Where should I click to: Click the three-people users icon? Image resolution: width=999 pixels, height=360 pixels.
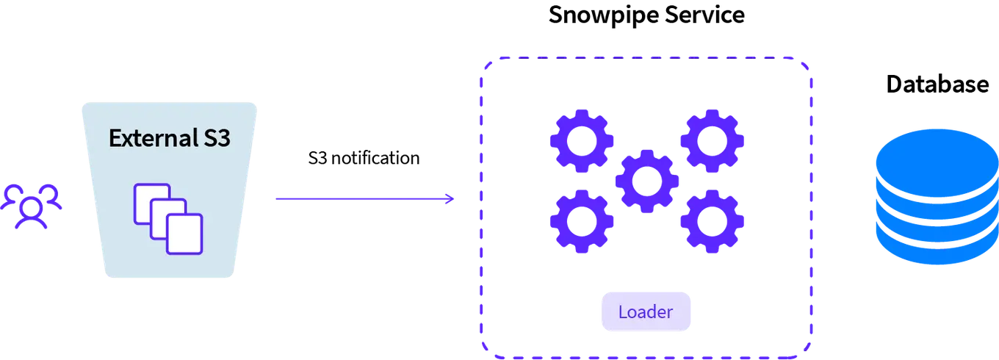pos(32,206)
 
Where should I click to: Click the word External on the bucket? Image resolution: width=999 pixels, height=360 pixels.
pos(150,138)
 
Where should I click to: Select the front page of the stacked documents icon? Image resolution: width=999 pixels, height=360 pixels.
pos(184,234)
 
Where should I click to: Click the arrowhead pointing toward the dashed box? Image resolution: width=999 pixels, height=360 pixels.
pos(451,198)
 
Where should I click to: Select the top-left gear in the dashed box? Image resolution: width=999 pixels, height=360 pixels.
pos(581,141)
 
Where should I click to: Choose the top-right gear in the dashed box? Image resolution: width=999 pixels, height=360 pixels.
pos(712,141)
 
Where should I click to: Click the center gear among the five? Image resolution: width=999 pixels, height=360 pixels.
pos(646,181)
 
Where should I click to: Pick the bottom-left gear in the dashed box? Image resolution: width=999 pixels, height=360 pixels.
pos(581,221)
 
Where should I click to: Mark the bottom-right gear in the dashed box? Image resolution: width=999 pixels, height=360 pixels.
pos(712,221)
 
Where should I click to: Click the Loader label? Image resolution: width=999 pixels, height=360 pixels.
pos(646,312)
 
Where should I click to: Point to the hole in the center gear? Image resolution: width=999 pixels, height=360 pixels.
pos(646,181)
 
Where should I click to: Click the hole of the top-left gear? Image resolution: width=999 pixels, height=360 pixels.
pos(581,141)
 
